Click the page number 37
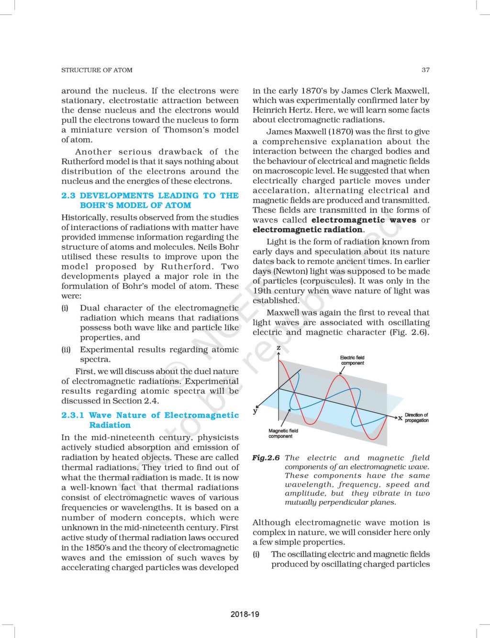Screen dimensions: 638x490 tap(425, 70)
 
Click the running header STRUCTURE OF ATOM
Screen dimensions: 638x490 tap(97, 70)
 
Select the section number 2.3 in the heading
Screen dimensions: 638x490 tap(68, 196)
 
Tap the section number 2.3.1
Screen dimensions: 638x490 tap(72, 415)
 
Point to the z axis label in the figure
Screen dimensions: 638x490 tap(278, 347)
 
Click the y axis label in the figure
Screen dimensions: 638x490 tap(255, 411)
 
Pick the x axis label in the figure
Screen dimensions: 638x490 tap(400, 418)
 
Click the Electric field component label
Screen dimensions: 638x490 tap(352, 360)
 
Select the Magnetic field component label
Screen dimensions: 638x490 tap(283, 433)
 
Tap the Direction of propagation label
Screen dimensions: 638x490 tap(416, 418)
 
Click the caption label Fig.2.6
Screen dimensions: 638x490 tap(266, 458)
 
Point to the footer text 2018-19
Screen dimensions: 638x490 tap(245, 614)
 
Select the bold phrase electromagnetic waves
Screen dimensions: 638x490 tap(364, 220)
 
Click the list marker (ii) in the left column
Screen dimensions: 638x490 tap(66, 350)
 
